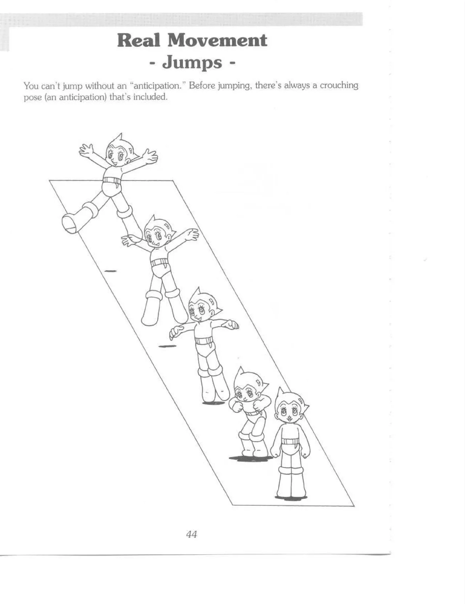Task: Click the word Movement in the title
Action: click(x=217, y=40)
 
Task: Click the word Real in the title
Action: click(x=138, y=40)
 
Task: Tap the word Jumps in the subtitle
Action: click(x=192, y=62)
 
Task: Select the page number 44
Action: click(x=191, y=534)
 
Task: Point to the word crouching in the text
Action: click(x=339, y=86)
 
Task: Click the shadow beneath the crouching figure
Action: click(x=251, y=458)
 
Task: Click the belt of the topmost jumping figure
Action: click(x=109, y=180)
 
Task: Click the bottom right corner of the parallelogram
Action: click(x=354, y=506)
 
